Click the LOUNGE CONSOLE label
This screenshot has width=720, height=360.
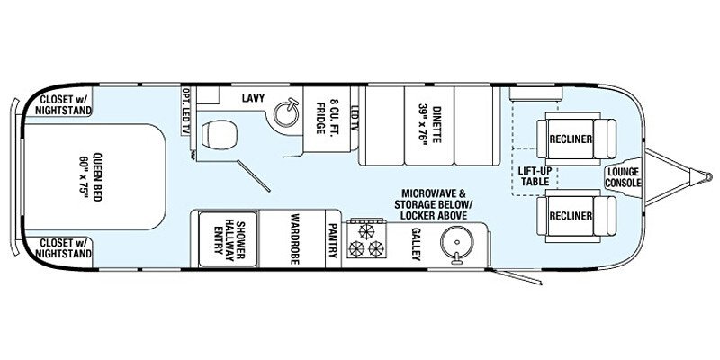pyautogui.click(x=624, y=177)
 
